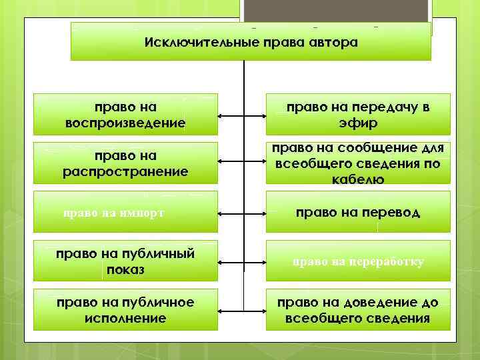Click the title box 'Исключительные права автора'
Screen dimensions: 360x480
click(x=251, y=42)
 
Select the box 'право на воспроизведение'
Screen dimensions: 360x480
click(x=126, y=115)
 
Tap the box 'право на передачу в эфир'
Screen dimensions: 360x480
click(x=358, y=115)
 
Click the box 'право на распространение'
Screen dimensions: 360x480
click(x=126, y=163)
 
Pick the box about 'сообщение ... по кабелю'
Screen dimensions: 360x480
click(x=358, y=163)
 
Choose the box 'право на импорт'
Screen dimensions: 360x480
click(x=126, y=213)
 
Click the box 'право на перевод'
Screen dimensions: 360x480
click(x=358, y=213)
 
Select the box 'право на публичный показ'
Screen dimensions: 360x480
click(x=126, y=262)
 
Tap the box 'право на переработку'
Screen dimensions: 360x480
click(x=358, y=262)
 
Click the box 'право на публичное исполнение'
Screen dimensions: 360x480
click(x=126, y=310)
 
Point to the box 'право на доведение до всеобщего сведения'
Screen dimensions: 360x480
click(x=358, y=310)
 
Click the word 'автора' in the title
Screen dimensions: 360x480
click(x=333, y=43)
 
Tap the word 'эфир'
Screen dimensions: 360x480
click(x=358, y=123)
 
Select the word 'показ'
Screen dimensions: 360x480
click(x=126, y=271)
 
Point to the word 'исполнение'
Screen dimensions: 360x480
click(x=126, y=319)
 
